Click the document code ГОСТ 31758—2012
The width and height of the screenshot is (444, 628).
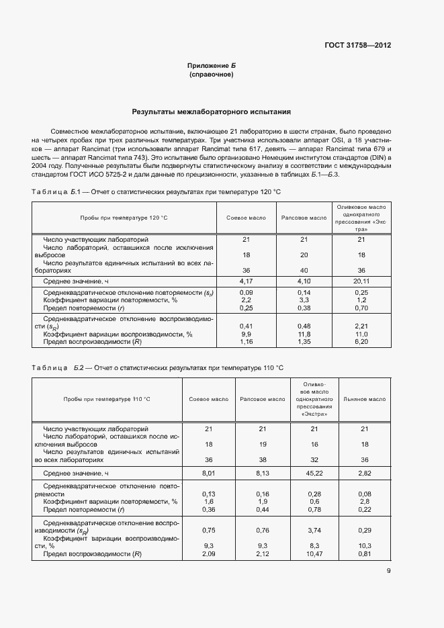click(x=357, y=46)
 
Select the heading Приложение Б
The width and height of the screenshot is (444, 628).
click(x=212, y=65)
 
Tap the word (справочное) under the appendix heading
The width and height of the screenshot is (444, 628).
click(x=212, y=75)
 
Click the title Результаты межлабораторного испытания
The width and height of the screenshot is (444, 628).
click(x=212, y=112)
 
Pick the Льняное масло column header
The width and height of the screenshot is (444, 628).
click(x=365, y=399)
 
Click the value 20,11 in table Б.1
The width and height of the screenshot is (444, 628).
click(x=361, y=281)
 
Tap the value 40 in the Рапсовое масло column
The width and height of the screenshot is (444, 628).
click(x=304, y=270)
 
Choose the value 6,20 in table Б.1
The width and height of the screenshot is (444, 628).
click(x=361, y=342)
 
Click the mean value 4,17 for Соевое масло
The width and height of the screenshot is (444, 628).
click(x=246, y=281)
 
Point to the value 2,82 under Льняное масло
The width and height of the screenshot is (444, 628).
click(x=365, y=473)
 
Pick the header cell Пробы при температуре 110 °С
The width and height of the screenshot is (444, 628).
click(x=107, y=399)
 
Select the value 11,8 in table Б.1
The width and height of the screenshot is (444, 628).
click(x=304, y=334)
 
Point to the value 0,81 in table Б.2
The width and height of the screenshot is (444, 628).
click(x=365, y=553)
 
